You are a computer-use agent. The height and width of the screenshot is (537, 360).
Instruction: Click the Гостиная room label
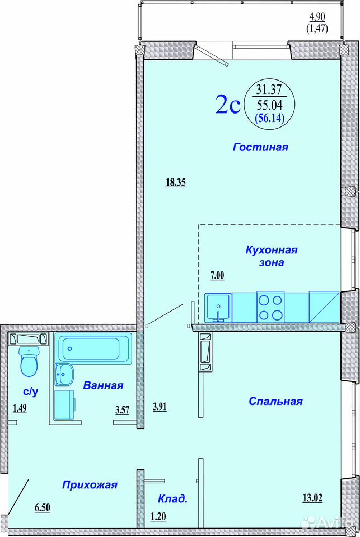(260, 147)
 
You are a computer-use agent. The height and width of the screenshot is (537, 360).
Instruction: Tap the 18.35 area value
(176, 182)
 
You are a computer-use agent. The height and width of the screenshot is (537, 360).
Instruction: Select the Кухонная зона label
(272, 256)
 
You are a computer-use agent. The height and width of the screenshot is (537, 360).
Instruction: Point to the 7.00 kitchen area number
(217, 276)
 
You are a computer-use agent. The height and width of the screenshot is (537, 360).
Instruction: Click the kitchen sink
(218, 308)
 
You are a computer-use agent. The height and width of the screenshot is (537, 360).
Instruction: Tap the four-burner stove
(270, 307)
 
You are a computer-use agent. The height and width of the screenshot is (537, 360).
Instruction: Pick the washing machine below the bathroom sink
(65, 404)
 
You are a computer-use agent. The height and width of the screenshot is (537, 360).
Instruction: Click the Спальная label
(275, 401)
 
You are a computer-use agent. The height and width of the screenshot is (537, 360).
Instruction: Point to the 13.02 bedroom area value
(312, 498)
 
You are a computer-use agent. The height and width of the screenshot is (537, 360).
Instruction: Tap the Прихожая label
(90, 485)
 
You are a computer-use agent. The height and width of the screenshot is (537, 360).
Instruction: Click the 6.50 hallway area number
(43, 507)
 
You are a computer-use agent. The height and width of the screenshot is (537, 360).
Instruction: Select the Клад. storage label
(173, 498)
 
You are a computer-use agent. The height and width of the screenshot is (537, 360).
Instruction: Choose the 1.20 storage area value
(158, 516)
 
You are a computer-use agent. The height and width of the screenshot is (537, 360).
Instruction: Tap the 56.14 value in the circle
(269, 118)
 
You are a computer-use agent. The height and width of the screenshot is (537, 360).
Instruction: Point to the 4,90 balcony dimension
(317, 16)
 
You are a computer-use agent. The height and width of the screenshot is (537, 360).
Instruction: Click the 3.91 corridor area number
(160, 407)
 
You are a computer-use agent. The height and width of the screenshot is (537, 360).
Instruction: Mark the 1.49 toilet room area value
(20, 408)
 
